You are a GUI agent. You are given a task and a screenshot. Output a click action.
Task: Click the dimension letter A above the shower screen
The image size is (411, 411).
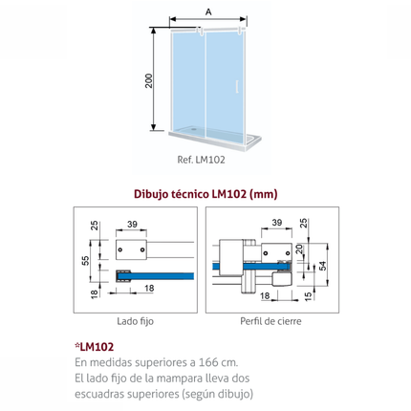208,12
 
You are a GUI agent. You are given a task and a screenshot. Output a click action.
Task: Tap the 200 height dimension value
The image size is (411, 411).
149,80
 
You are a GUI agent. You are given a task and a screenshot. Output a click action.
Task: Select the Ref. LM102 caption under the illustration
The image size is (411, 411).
201,160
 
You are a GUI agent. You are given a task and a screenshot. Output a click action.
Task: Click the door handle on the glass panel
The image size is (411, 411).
236,87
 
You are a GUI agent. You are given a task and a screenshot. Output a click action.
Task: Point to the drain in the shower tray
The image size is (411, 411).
193,129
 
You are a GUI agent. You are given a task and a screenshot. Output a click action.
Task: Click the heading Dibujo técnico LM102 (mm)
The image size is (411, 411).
205,194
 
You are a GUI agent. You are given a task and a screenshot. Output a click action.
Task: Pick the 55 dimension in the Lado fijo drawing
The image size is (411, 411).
85,260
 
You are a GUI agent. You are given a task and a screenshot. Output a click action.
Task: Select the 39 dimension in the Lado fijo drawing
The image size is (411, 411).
132,224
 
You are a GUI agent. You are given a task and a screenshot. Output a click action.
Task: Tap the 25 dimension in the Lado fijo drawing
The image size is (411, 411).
95,226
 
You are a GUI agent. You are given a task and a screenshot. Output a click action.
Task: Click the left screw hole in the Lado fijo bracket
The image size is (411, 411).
120,249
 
